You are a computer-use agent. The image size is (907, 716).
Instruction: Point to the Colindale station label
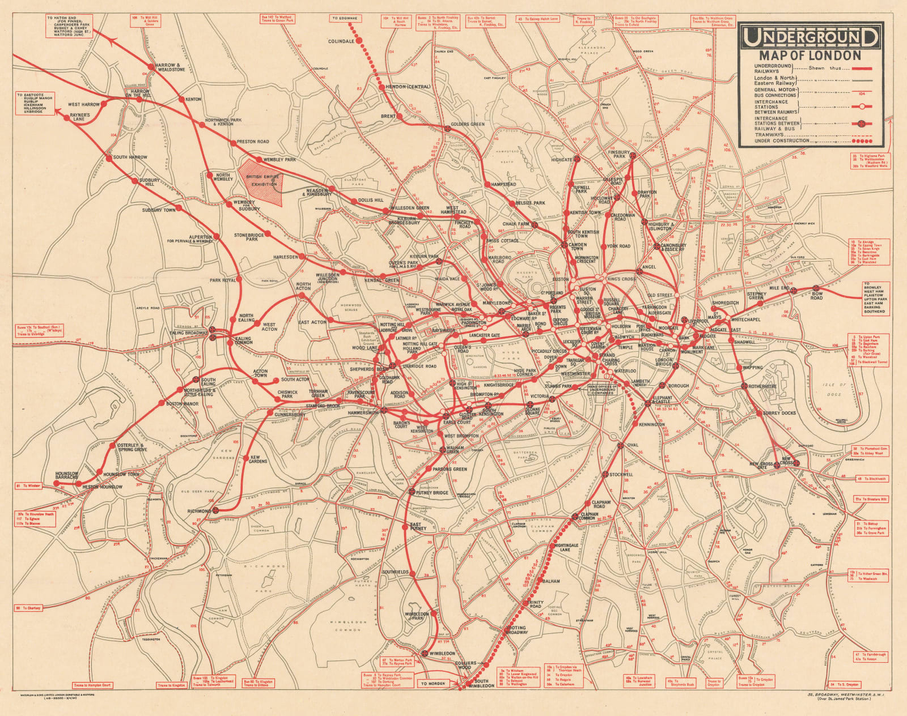coord(341,41)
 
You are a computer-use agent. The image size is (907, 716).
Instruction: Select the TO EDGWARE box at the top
coord(346,19)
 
